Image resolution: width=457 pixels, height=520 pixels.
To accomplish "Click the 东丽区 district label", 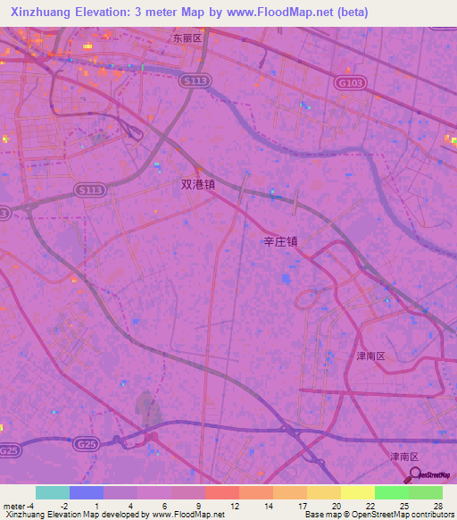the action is click(x=188, y=39).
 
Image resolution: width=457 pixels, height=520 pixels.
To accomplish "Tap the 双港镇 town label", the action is click(x=198, y=185).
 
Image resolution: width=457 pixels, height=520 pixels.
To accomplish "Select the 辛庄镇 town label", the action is click(x=280, y=240).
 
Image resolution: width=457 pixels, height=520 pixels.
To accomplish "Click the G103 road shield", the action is click(x=351, y=82).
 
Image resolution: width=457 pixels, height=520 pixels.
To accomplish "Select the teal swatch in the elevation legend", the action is click(x=53, y=492).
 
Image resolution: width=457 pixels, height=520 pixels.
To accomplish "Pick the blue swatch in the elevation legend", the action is click(x=87, y=492).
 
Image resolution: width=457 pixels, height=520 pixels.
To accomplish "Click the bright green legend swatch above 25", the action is click(x=391, y=492).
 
